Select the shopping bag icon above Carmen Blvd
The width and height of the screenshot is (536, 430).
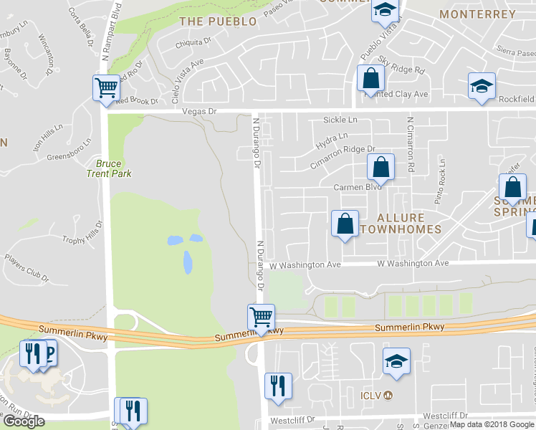point(381,168)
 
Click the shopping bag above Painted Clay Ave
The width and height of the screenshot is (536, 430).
point(370,77)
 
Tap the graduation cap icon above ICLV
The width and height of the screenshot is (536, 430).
point(396,363)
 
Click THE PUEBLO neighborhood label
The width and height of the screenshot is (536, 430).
point(218,21)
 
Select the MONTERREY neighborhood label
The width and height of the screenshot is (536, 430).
point(477,14)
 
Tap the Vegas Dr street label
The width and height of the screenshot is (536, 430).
point(198,112)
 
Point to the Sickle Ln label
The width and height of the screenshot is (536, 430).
point(340,120)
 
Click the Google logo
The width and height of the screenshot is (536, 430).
point(24,421)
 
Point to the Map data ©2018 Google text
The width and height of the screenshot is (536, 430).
point(492,424)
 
